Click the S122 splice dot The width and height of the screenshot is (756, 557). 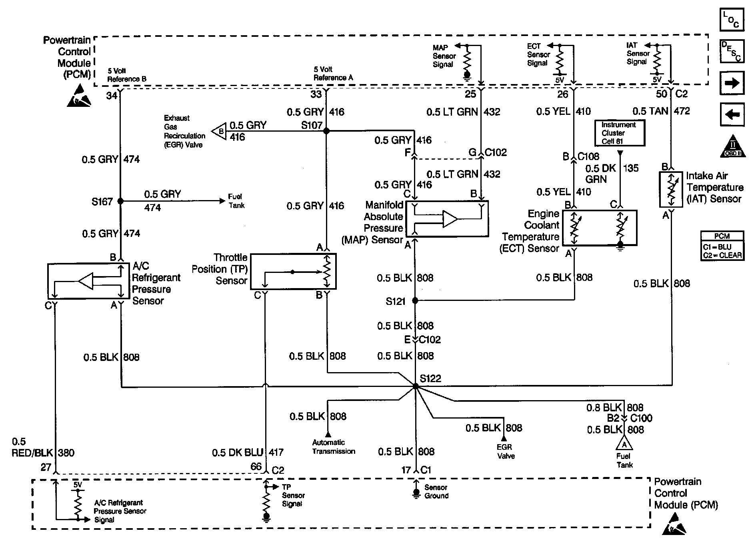pyautogui.click(x=416, y=386)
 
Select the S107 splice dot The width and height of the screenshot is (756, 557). pyautogui.click(x=326, y=131)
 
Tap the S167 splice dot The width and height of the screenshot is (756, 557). pyautogui.click(x=120, y=201)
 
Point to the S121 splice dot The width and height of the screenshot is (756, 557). pyautogui.click(x=415, y=300)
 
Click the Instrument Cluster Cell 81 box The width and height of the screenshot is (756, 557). pyautogui.click(x=619, y=133)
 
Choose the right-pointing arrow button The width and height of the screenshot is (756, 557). pyautogui.click(x=732, y=83)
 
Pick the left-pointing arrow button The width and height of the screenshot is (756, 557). pyautogui.click(x=732, y=115)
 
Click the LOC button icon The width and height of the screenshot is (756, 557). pyautogui.click(x=732, y=20)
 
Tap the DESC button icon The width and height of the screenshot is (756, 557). pyautogui.click(x=732, y=51)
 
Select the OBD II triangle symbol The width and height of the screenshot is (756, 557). pyautogui.click(x=733, y=147)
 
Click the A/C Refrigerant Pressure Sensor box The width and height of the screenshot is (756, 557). pyautogui.click(x=88, y=281)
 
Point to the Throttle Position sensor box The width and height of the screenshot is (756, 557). pyautogui.click(x=293, y=271)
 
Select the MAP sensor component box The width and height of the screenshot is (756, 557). pyautogui.click(x=447, y=219)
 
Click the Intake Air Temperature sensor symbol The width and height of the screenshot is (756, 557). pyautogui.click(x=671, y=190)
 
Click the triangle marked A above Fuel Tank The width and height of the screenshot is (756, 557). pyautogui.click(x=624, y=444)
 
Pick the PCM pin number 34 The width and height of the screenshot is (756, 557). pyautogui.click(x=112, y=96)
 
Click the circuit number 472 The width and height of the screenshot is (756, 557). pyautogui.click(x=682, y=111)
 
